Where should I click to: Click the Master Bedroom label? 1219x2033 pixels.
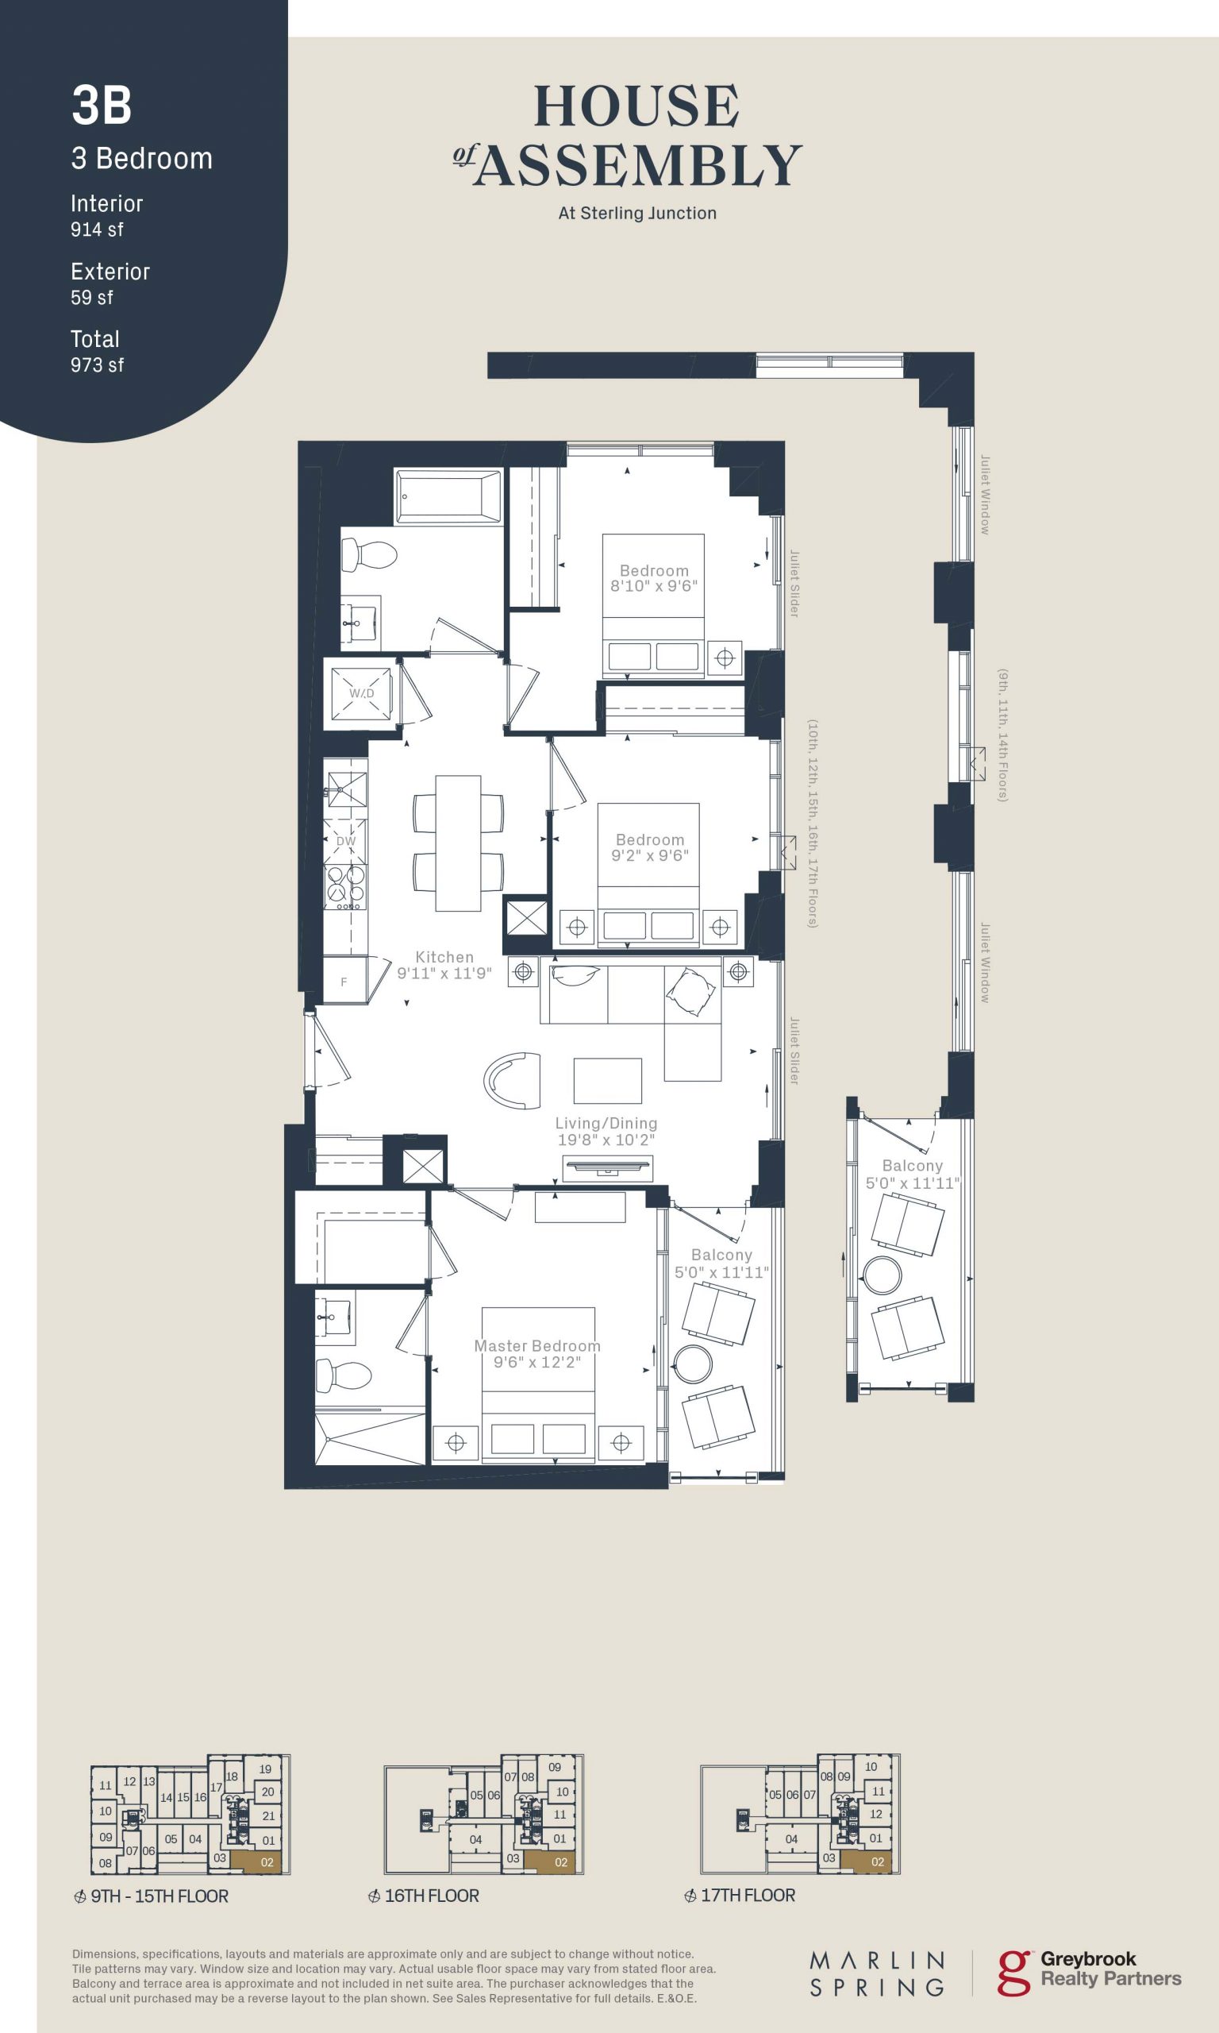pyautogui.click(x=537, y=1346)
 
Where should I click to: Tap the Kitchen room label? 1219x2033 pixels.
pyautogui.click(x=444, y=957)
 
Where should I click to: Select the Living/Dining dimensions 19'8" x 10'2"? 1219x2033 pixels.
pyautogui.click(x=606, y=1140)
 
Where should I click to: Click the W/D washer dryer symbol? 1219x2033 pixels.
pyautogui.click(x=361, y=693)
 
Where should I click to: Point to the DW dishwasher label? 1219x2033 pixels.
pyautogui.click(x=346, y=842)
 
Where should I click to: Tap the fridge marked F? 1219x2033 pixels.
pyautogui.click(x=344, y=979)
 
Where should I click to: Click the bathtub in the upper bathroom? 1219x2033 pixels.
pyautogui.click(x=448, y=496)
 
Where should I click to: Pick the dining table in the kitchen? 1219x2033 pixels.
pyautogui.click(x=459, y=843)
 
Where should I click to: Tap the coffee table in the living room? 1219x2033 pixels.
pyautogui.click(x=608, y=1081)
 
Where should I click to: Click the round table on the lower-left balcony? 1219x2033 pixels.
pyautogui.click(x=694, y=1365)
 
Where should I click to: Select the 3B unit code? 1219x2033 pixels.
pyautogui.click(x=102, y=106)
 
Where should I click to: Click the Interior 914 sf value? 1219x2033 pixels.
pyautogui.click(x=97, y=230)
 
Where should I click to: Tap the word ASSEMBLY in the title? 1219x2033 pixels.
pyautogui.click(x=637, y=164)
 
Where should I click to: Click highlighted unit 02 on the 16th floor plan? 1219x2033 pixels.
pyautogui.click(x=560, y=1862)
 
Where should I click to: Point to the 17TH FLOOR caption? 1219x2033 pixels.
pyautogui.click(x=748, y=1895)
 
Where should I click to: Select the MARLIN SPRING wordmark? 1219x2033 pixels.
pyautogui.click(x=877, y=1973)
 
